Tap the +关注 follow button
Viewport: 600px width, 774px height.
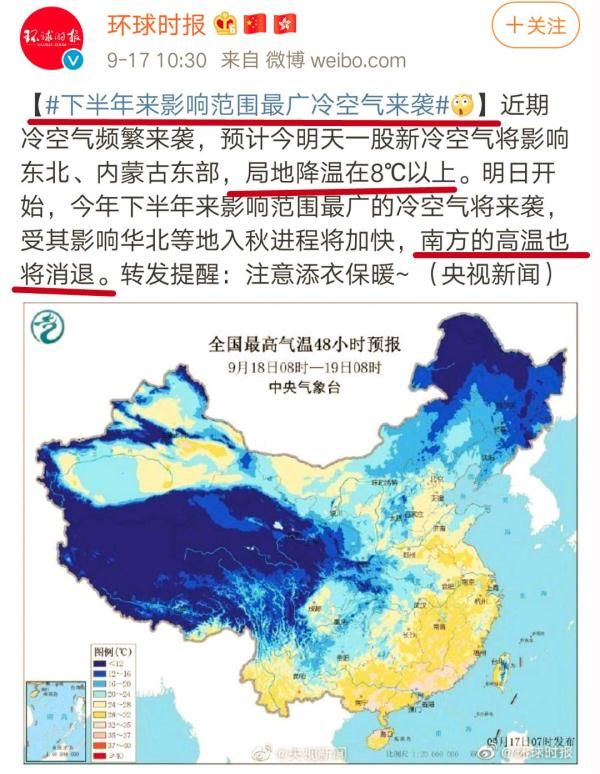tap(536, 25)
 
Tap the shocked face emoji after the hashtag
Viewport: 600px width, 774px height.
tap(462, 103)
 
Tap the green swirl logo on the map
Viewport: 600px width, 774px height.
tap(47, 329)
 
